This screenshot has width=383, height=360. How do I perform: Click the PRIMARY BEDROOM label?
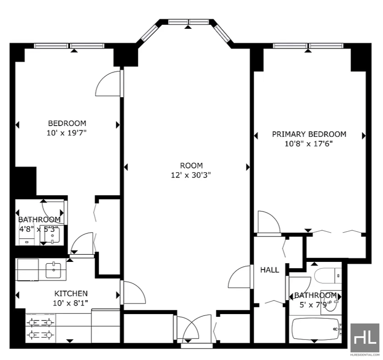(309, 134)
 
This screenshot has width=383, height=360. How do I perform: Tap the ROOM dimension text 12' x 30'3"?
(191, 175)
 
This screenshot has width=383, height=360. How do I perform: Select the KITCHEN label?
(71, 293)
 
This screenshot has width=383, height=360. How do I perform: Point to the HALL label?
(270, 270)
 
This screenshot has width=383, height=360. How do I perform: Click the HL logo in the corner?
(365, 338)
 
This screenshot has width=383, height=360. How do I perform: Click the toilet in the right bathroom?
(327, 276)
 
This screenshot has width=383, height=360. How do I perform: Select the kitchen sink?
(53, 270)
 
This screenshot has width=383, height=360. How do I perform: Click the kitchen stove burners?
(40, 328)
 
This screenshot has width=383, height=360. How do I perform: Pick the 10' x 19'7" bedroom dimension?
(67, 133)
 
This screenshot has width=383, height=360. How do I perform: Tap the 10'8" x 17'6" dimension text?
(309, 144)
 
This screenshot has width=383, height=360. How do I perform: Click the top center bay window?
(189, 22)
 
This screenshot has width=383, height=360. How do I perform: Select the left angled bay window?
(149, 33)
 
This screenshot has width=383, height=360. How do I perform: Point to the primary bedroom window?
(308, 45)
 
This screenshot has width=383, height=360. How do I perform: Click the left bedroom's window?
(69, 45)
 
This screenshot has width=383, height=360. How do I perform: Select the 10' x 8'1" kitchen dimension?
(70, 303)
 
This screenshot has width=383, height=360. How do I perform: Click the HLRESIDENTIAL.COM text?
(365, 355)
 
